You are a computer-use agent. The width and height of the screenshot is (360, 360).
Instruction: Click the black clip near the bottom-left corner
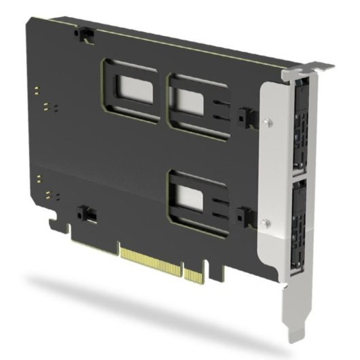[86, 213]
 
